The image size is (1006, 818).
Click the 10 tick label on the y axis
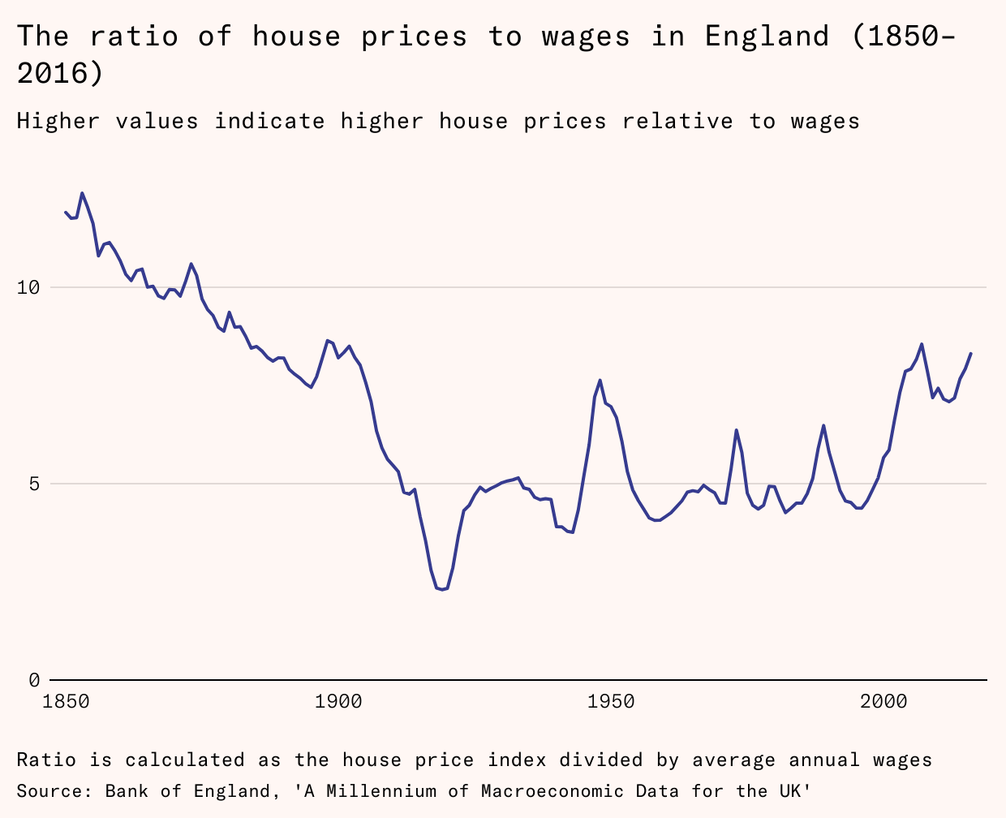pos(28,287)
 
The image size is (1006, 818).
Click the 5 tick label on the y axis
pos(33,484)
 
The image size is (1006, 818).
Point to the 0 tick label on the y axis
pos(33,680)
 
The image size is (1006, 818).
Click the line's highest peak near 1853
pos(82,193)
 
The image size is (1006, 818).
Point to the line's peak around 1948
pos(600,380)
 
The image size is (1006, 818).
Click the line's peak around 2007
pos(922,344)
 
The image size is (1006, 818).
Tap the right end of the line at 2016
pos(971,353)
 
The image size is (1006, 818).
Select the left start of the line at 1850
pos(66,212)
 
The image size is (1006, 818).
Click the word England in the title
pos(767,37)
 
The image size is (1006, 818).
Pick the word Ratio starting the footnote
pos(46,760)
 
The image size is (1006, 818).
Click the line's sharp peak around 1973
pos(736,430)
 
